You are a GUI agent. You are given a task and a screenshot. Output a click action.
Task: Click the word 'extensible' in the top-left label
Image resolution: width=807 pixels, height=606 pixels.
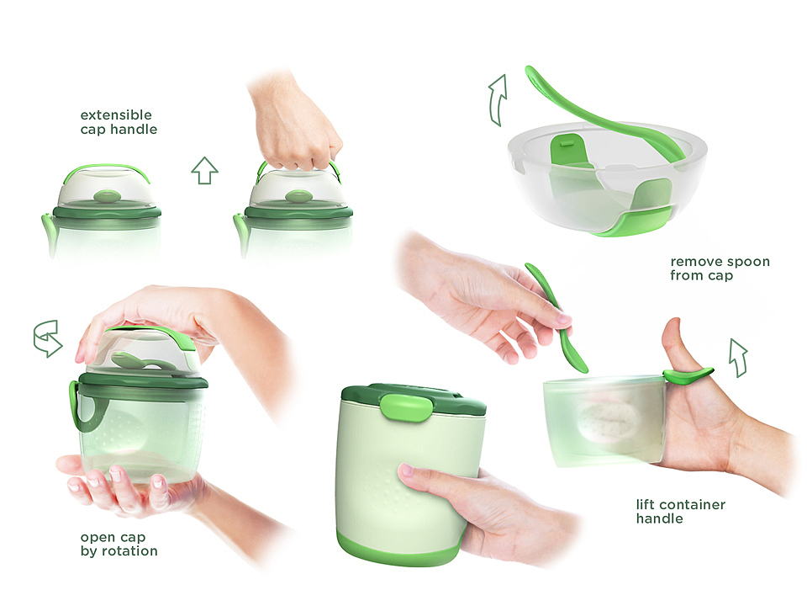[x=116, y=115]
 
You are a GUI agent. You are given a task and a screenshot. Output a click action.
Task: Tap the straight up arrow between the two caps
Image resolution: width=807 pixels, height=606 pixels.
[x=204, y=171]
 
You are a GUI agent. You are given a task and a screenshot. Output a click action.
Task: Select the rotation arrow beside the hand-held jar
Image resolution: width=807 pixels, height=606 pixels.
[x=47, y=338]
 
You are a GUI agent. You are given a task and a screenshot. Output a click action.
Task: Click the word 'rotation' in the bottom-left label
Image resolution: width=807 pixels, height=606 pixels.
[x=129, y=551]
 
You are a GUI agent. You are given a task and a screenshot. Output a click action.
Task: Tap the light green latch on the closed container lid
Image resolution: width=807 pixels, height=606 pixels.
[x=406, y=407]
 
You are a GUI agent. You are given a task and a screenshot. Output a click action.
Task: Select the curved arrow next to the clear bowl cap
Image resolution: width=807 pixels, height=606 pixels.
[x=498, y=99]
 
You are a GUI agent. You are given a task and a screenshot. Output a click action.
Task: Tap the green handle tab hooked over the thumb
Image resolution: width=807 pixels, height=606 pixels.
[x=687, y=375]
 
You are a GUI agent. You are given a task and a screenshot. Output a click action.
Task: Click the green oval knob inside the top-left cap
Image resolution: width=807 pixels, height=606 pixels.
[x=108, y=196]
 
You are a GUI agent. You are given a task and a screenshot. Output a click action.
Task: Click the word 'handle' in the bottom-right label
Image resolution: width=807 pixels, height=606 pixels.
[x=659, y=518]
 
